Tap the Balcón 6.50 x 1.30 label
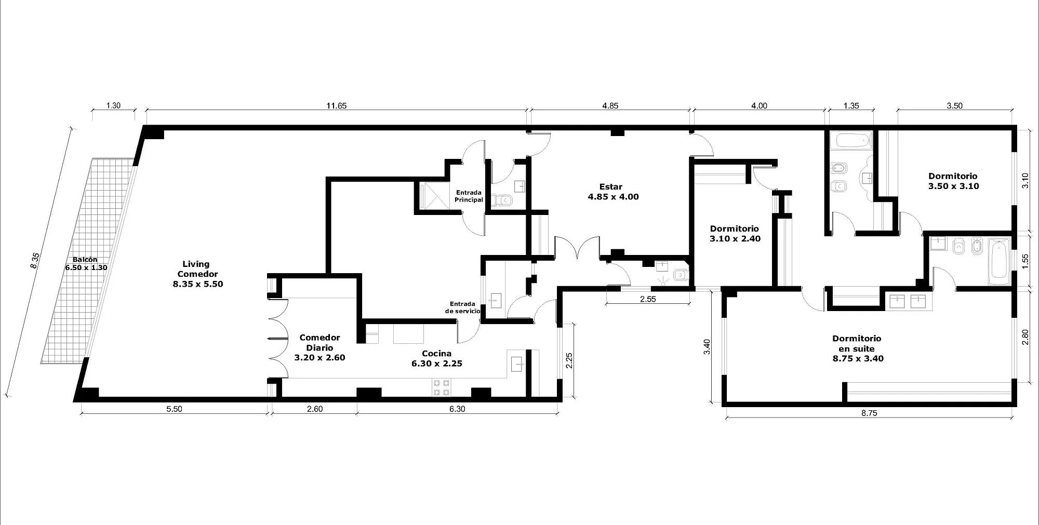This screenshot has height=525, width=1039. pos(86,264)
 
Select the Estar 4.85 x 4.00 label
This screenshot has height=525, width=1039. pos(613,192)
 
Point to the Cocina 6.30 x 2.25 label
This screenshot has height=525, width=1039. pos(436,358)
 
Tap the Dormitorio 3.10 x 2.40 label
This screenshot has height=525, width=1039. pos(735,234)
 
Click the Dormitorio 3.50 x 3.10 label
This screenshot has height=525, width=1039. pos(953,181)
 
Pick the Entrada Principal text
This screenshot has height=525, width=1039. pos(469,196)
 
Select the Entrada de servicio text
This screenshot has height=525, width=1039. pos(462,307)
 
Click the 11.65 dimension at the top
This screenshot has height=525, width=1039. pos(336,106)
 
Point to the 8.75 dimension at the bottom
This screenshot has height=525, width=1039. pos(869,413)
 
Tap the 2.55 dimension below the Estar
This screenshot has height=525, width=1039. pos(648,299)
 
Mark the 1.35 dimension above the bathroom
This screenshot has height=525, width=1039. pos(851,106)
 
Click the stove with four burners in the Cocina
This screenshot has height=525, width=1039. pos(441,388)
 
